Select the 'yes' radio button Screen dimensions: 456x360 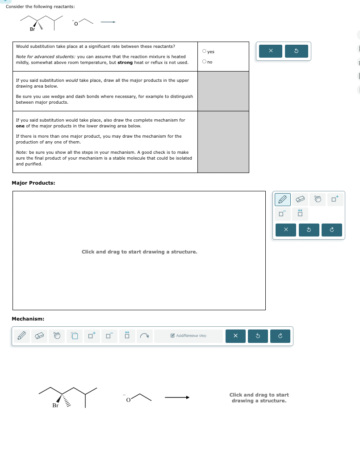[x=204, y=52]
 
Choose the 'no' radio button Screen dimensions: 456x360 [x=204, y=62]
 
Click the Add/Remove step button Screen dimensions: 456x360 [x=188, y=336]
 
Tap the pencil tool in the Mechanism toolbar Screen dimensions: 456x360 [x=21, y=336]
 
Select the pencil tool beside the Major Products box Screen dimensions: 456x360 [x=282, y=199]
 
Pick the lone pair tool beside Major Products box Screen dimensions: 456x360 [x=300, y=214]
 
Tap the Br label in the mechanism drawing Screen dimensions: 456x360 [x=55, y=406]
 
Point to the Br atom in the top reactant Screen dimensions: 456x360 [x=32, y=30]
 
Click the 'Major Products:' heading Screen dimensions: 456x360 [x=33, y=183]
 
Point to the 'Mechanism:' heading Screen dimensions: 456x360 [x=28, y=319]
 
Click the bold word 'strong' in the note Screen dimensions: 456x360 [x=125, y=63]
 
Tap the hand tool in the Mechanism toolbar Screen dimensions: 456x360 [x=57, y=336]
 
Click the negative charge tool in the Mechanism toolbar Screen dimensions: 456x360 [x=108, y=336]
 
